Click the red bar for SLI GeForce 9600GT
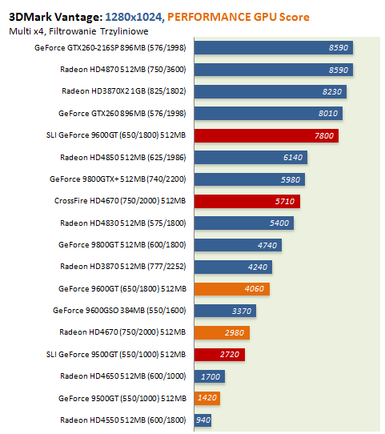(x=267, y=135)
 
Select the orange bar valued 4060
(x=232, y=289)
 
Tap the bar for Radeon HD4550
(x=203, y=420)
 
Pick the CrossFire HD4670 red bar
(x=247, y=201)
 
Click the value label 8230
(x=332, y=91)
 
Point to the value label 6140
(x=293, y=158)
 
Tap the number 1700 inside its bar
(x=211, y=376)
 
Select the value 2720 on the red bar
(x=230, y=355)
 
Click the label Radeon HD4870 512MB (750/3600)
(x=123, y=70)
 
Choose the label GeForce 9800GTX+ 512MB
(x=98, y=179)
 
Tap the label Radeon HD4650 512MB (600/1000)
(x=123, y=376)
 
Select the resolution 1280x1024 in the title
(x=134, y=17)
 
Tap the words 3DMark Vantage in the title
(x=55, y=17)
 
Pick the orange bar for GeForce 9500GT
(x=207, y=398)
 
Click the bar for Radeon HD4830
(x=244, y=223)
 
